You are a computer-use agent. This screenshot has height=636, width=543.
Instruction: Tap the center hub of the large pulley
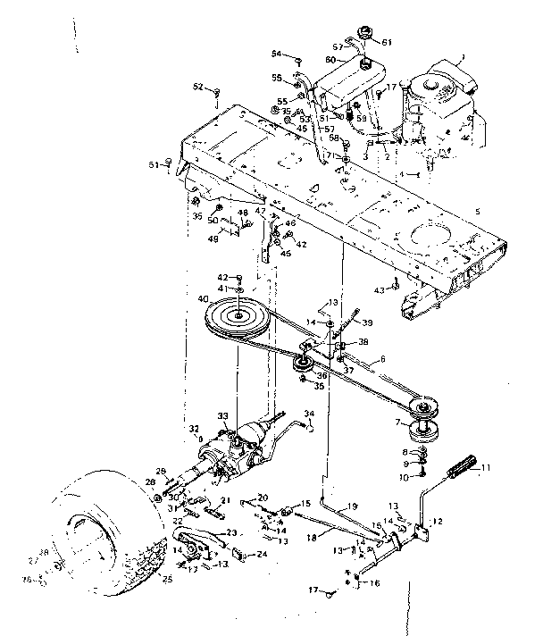tap(240, 316)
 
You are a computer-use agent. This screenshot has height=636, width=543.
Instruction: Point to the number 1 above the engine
tap(463, 58)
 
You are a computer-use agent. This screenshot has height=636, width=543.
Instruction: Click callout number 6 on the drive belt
tap(383, 360)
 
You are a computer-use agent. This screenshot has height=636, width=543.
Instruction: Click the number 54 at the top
tap(276, 54)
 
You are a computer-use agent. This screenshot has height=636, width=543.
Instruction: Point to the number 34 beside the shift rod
tap(308, 413)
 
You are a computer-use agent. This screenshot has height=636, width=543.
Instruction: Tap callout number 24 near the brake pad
tap(238, 554)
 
